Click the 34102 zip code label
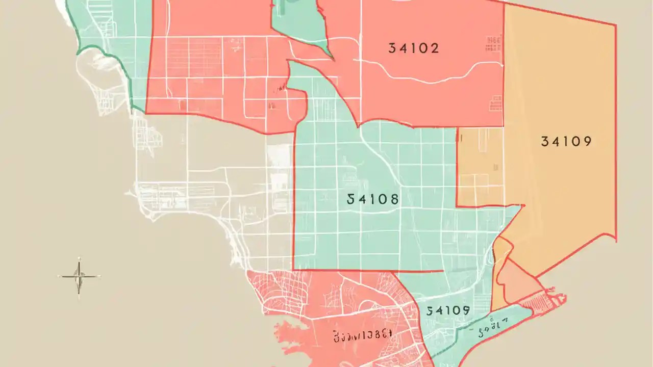click(x=413, y=48)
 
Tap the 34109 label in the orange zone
click(x=566, y=142)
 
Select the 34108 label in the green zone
click(x=372, y=199)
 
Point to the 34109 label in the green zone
click(x=448, y=310)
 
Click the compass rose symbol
click(x=79, y=277)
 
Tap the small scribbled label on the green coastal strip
click(x=492, y=322)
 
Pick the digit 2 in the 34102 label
click(x=434, y=48)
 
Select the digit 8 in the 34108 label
click(x=393, y=199)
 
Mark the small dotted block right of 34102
click(x=493, y=43)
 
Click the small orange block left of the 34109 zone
click(x=480, y=168)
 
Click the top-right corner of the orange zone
click(x=615, y=24)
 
